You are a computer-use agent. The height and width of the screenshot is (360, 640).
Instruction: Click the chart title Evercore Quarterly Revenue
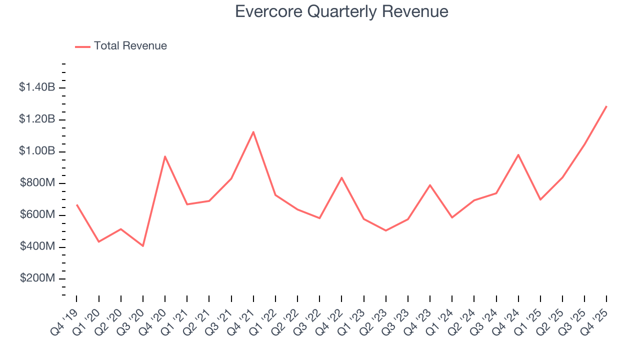pos(341,11)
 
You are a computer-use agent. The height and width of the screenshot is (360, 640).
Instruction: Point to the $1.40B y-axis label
pos(37,87)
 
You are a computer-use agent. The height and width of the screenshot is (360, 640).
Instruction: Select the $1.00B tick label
pos(37,151)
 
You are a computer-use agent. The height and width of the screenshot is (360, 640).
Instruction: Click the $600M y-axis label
pos(37,215)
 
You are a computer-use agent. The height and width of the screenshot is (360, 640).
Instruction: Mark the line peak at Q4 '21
pos(253,132)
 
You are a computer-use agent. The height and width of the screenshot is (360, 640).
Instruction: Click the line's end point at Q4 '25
pos(606,106)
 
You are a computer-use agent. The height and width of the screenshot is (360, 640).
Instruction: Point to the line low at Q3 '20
pos(143,246)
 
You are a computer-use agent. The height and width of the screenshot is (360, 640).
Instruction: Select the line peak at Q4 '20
pos(165,156)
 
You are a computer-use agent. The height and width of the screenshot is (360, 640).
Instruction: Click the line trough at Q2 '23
pos(386,230)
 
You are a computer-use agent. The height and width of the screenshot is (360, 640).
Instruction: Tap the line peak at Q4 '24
pos(518,154)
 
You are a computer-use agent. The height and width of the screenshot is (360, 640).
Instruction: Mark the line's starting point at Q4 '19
pos(76,204)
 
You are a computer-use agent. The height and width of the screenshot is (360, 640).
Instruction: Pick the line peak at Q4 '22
pos(341,177)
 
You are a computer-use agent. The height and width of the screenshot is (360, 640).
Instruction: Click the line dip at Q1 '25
pos(540,200)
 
